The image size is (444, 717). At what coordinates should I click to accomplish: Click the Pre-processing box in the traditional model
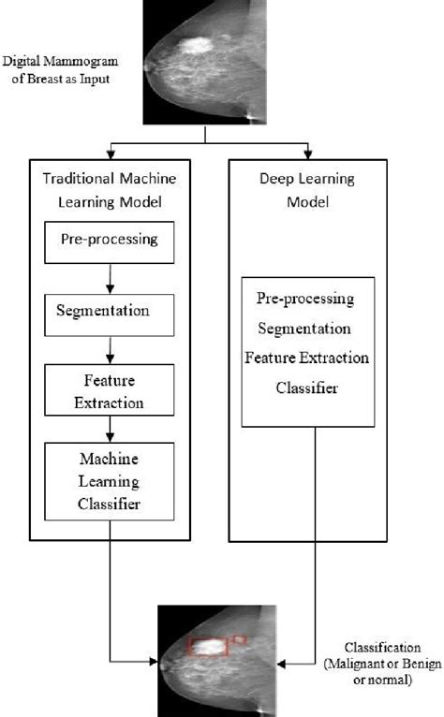tap(112, 239)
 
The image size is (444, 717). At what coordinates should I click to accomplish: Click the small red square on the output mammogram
tap(239, 639)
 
